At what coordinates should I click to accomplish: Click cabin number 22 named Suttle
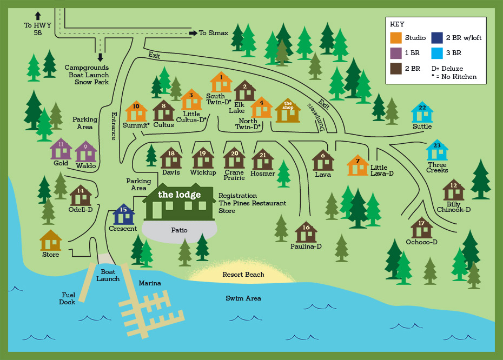point(422,113)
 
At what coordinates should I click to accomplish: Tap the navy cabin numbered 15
point(123,215)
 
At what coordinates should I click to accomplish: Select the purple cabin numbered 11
point(61,149)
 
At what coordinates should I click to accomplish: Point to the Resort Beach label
point(243,275)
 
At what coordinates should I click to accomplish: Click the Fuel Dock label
point(67,298)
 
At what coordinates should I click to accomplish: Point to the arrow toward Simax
point(192,33)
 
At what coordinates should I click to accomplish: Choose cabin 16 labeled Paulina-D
point(306,232)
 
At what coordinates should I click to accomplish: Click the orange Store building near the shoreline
point(51,241)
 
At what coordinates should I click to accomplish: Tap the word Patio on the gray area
point(179,230)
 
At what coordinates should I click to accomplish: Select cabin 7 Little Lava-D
point(358,165)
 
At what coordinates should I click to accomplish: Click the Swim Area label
point(243,298)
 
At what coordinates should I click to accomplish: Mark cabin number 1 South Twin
point(221,83)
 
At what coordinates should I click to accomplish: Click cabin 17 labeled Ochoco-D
point(421,228)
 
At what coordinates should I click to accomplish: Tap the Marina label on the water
point(150,283)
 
